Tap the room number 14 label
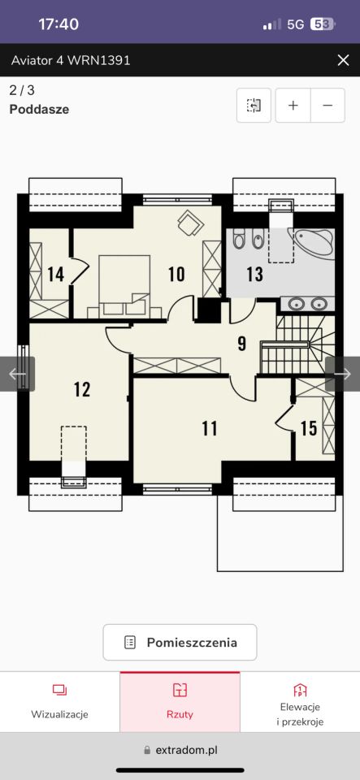tap(56, 274)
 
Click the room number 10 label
tap(176, 274)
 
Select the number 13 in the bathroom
tap(254, 274)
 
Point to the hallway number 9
tap(241, 343)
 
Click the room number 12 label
tap(82, 389)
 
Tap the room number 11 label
tap(210, 428)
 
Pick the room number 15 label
tap(309, 428)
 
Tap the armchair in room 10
tap(190, 223)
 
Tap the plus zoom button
tap(293, 106)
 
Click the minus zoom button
tap(327, 106)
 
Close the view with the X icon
tap(343, 60)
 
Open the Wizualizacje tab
tap(59, 702)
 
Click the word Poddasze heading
tap(39, 110)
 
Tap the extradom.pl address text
tap(186, 750)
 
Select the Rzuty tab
tap(180, 702)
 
